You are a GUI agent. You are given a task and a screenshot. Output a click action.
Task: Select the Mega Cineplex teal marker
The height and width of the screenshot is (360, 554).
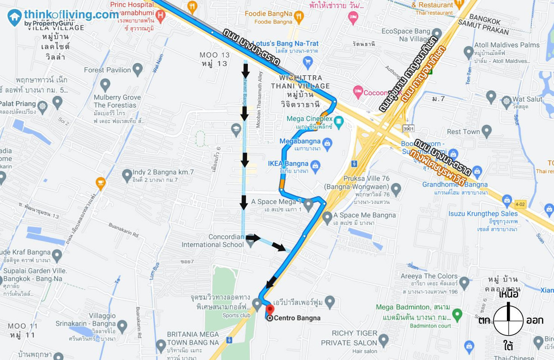pyautogui.click(x=339, y=122)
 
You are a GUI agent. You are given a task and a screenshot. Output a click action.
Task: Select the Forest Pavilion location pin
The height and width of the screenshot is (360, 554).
pyautogui.click(x=138, y=70)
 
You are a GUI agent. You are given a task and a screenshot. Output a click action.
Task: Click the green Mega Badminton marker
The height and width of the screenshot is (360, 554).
pyautogui.click(x=457, y=315)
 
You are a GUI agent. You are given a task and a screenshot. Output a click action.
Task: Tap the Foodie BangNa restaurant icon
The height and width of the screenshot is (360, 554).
pyautogui.click(x=301, y=17)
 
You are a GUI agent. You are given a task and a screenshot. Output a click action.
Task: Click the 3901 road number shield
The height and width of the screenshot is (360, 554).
pyautogui.click(x=408, y=128)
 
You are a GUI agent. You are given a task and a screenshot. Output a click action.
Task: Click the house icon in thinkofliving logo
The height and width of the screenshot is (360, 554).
pyautogui.click(x=14, y=18)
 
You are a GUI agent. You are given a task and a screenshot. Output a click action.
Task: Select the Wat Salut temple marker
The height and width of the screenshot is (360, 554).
pyautogui.click(x=506, y=100)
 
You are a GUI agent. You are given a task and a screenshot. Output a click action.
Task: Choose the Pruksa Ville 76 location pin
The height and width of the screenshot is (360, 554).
pyautogui.click(x=395, y=188)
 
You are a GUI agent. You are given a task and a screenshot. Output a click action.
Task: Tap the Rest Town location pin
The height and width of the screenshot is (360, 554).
pyautogui.click(x=486, y=132)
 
